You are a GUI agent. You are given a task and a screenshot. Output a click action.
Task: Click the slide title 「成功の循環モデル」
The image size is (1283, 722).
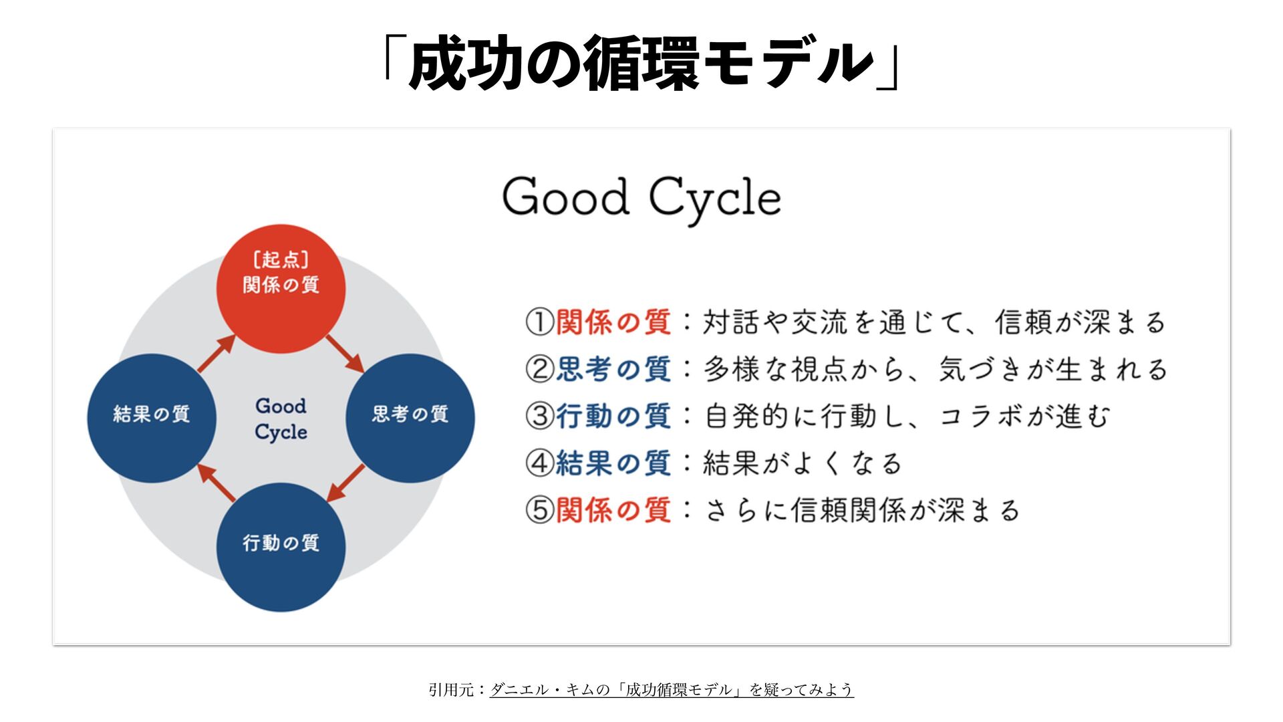641,64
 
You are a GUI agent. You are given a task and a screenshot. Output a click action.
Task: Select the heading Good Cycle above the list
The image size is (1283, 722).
641,198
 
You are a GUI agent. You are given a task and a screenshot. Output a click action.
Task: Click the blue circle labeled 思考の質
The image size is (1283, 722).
410,418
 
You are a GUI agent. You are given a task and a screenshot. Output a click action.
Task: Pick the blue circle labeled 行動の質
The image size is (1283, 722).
281,547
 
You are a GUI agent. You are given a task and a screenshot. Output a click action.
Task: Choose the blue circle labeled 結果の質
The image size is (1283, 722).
152,418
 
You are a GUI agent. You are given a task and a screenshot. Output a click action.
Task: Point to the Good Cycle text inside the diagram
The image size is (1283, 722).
281,418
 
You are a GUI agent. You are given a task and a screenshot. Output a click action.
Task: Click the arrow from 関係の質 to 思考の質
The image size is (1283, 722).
345,354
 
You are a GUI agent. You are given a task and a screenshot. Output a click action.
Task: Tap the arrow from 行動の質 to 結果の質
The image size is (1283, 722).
217,482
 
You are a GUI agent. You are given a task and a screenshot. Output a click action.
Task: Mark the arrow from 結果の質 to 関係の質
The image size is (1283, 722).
217,354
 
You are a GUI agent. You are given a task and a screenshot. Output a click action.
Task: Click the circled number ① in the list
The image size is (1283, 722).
539,322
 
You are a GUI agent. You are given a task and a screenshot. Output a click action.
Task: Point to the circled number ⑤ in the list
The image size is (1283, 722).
539,510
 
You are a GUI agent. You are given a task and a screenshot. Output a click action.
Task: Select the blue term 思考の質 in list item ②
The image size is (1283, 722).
613,369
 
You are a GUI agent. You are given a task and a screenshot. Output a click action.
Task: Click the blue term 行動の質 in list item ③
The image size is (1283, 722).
613,416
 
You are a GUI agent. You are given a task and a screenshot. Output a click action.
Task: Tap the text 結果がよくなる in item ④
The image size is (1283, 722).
802,463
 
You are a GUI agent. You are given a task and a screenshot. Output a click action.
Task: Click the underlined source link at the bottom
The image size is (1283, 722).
672,689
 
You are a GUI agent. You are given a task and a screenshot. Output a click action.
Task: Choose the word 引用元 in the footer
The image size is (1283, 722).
451,689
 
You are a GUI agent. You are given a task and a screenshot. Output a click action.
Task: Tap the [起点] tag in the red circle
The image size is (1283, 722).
281,259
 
